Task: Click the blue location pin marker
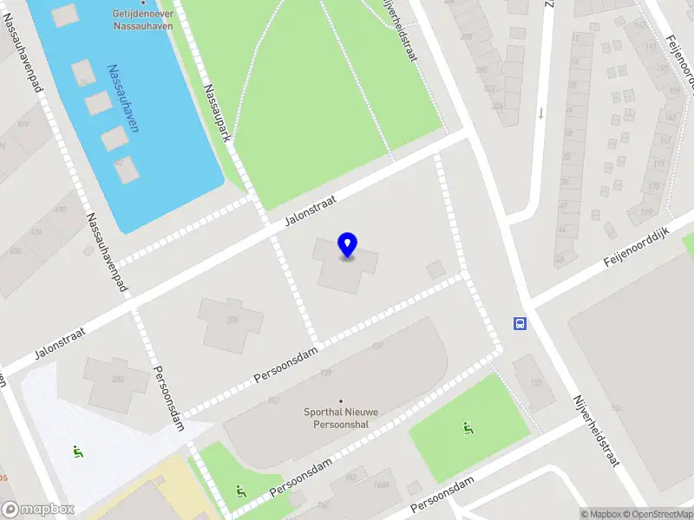(347, 245)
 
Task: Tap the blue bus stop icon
(520, 324)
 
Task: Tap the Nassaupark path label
(217, 114)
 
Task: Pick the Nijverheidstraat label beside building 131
(595, 431)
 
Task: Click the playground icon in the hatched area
(77, 451)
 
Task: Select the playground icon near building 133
(468, 427)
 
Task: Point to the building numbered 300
(232, 320)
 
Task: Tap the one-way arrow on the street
(540, 113)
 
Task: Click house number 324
(497, 107)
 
